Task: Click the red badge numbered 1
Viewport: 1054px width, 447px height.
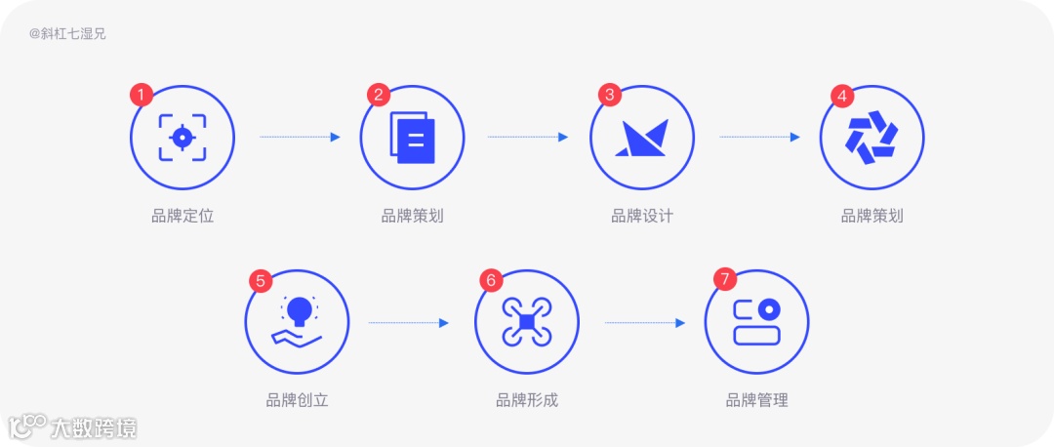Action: coord(142,95)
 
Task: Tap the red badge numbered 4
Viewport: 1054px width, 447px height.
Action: coord(842,95)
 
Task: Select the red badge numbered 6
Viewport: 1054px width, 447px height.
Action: coord(491,280)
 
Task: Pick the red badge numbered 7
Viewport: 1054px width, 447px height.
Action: coord(722,280)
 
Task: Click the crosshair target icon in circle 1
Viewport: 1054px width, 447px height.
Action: coord(182,138)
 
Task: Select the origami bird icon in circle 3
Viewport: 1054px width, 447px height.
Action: coord(642,139)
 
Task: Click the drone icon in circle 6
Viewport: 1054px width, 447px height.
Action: coord(527,322)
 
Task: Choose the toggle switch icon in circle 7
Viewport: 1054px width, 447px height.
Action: coord(756,322)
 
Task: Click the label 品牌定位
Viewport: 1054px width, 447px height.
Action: coord(182,216)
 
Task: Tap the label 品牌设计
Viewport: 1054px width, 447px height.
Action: coord(642,216)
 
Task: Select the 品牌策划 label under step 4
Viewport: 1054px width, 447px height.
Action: coord(872,216)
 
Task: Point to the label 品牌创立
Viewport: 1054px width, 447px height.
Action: coord(298,400)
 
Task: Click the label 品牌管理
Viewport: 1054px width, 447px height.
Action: coord(756,400)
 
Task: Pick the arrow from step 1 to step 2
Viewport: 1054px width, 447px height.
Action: coord(300,138)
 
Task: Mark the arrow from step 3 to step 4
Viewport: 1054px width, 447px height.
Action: coord(759,138)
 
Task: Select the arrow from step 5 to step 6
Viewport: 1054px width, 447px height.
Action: coord(408,323)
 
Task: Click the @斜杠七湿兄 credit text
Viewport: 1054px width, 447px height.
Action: coord(67,33)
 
